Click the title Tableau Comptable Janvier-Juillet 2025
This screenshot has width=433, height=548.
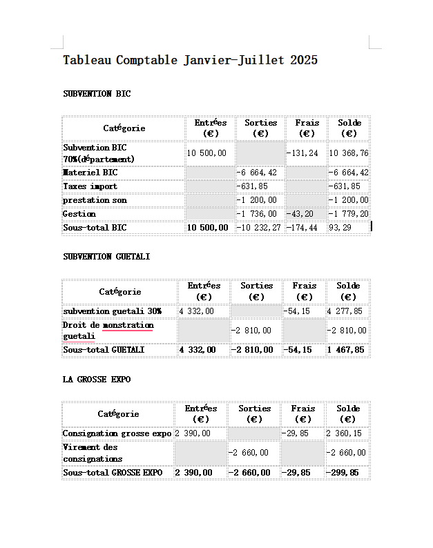click(x=190, y=60)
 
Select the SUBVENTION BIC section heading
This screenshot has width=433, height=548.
click(x=97, y=94)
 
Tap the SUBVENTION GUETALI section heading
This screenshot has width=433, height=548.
click(x=106, y=257)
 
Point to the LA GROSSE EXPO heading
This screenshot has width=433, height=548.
click(x=97, y=380)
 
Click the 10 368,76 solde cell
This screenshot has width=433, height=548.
click(x=348, y=153)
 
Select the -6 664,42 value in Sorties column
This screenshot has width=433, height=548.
click(x=258, y=173)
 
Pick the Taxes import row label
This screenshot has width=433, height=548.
click(x=90, y=186)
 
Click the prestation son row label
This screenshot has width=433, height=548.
click(x=95, y=200)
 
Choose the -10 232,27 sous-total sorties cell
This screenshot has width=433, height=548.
click(x=258, y=228)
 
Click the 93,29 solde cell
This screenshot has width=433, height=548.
click(x=340, y=228)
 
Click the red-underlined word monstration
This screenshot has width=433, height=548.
click(x=128, y=325)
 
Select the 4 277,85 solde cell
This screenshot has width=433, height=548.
click(x=345, y=311)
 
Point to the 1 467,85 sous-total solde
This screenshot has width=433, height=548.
click(x=345, y=350)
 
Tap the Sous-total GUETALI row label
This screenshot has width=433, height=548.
click(x=104, y=350)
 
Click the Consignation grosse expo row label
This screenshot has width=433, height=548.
click(x=117, y=434)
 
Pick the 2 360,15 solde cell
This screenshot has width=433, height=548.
click(x=344, y=434)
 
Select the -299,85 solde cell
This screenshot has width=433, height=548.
click(x=343, y=473)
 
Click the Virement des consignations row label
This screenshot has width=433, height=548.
click(x=93, y=453)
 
